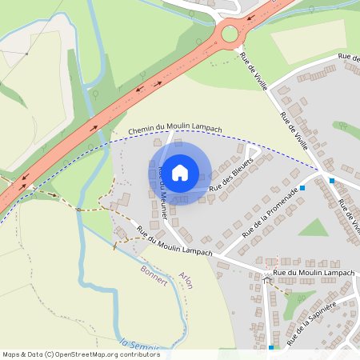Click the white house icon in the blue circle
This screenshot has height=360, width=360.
pos(180,172)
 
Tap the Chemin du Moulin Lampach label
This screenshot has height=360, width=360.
pos(175,130)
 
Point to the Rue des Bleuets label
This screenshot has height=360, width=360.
pos(231,174)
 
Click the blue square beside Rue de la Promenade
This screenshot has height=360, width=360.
pos(302,188)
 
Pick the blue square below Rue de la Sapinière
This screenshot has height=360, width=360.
pos(272,347)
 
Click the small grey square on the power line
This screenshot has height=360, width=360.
pos(27,54)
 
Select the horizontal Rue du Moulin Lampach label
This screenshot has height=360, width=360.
pos(313,273)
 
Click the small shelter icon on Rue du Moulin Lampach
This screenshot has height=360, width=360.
pos(266,276)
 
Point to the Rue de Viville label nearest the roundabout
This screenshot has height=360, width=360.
pos(254,70)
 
